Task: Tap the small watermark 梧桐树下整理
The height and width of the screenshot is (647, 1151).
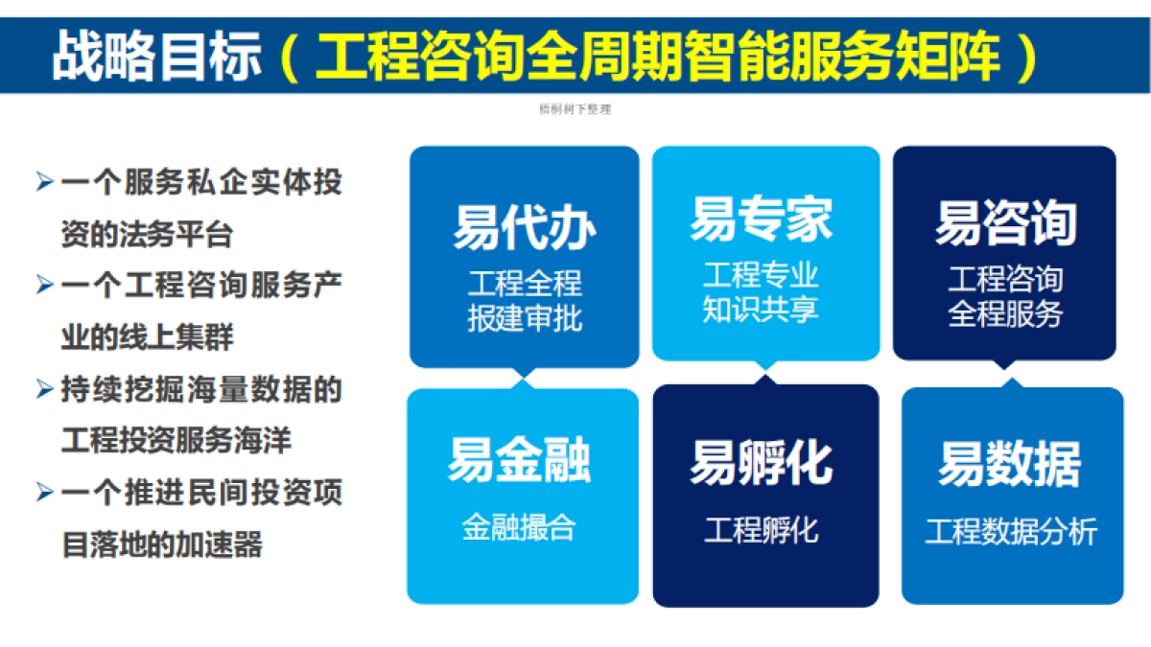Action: [575, 109]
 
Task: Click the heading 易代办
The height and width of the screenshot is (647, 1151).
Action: [524, 227]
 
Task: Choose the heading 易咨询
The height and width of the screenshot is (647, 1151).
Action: [1005, 223]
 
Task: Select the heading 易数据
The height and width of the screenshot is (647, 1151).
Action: [1009, 464]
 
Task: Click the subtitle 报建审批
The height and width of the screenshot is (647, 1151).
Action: [525, 318]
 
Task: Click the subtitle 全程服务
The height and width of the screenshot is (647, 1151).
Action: [1005, 313]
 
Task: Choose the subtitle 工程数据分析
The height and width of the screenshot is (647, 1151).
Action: [1011, 532]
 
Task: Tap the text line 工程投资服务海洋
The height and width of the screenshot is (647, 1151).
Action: [176, 441]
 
